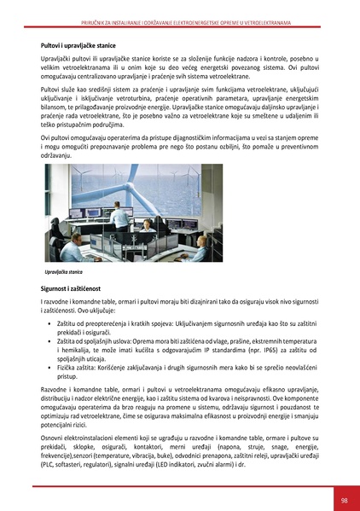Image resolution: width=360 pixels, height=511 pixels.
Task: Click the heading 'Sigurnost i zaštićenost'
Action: point(71,292)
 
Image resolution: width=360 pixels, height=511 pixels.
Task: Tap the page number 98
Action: point(343,501)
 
